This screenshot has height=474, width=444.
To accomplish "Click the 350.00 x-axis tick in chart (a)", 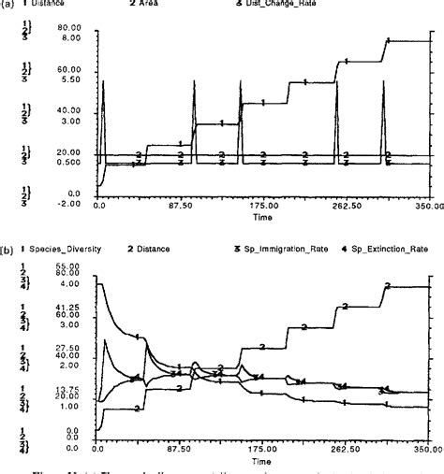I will pyautogui.click(x=427, y=204).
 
